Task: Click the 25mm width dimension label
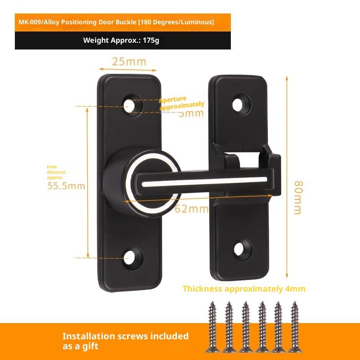[129, 62]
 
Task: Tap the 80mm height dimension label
[297, 198]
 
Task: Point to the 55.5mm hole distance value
[67, 185]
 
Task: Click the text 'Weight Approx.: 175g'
[121, 40]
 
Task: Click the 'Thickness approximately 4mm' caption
[244, 289]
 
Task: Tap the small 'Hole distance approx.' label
[56, 172]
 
